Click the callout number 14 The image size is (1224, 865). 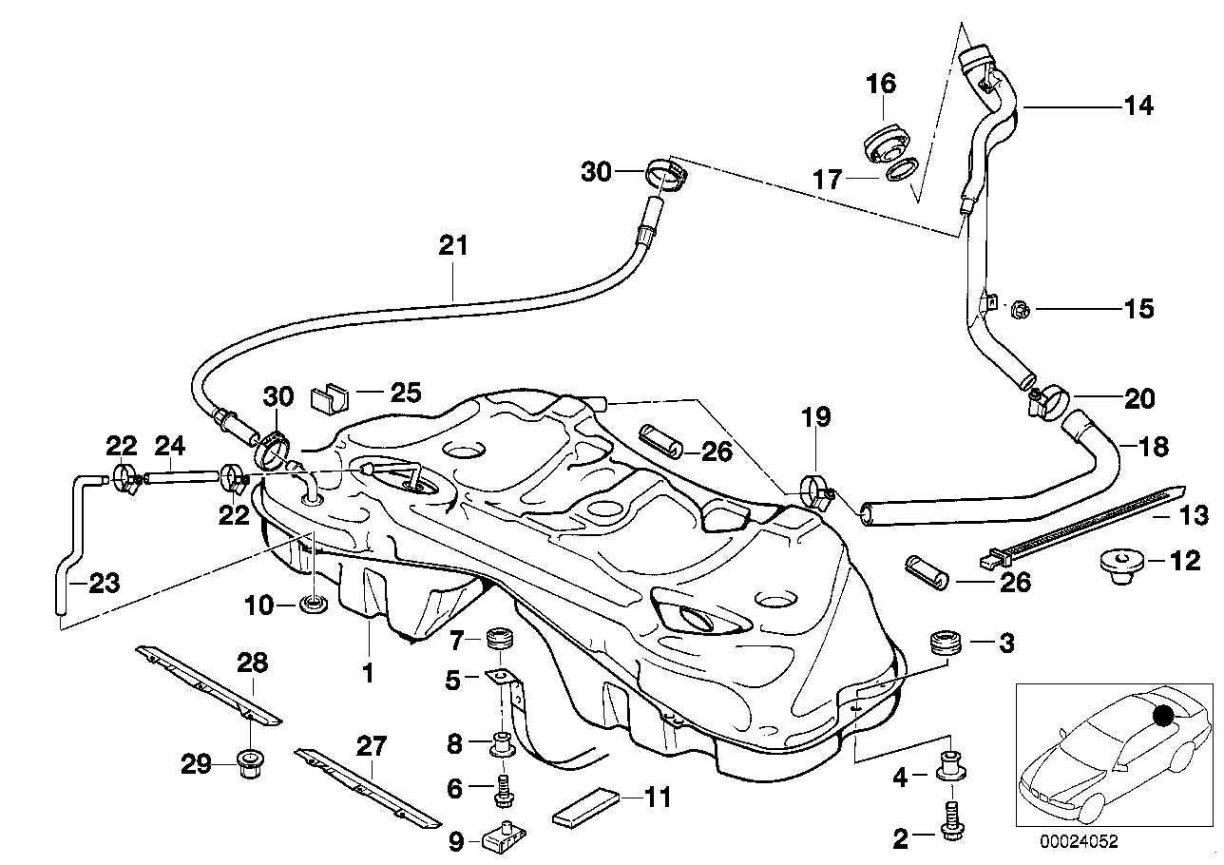click(1138, 106)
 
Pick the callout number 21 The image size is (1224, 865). click(453, 246)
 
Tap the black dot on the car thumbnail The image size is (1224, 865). click(1163, 713)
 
